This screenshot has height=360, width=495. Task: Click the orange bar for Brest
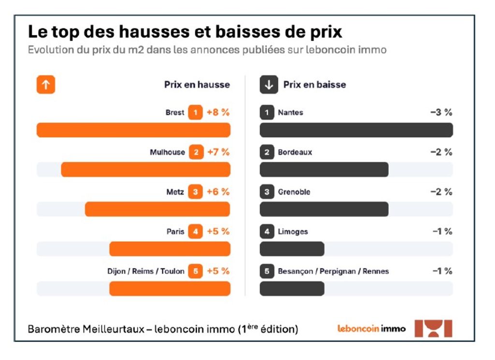(133, 130)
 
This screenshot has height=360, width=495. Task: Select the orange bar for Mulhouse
(146, 170)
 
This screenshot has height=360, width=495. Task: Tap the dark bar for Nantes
(356, 130)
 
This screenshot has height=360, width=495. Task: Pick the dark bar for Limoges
(292, 248)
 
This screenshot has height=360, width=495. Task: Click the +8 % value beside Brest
(218, 113)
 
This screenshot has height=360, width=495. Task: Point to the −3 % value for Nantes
(441, 113)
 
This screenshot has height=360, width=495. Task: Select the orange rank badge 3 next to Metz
(195, 192)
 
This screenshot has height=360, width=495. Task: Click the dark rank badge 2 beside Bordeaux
(267, 152)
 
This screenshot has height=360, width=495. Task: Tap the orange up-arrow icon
(46, 85)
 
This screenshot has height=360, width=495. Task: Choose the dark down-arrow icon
(269, 85)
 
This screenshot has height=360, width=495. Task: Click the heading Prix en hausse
(197, 85)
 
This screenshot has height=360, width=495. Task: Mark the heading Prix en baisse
(315, 85)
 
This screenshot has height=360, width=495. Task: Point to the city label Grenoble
(294, 192)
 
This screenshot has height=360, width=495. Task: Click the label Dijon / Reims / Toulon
(146, 271)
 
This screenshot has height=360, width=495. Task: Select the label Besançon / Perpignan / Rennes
(333, 271)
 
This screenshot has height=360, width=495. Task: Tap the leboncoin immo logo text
(371, 329)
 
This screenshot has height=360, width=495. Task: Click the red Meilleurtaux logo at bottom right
(434, 329)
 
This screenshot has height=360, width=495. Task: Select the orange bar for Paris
(170, 249)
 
